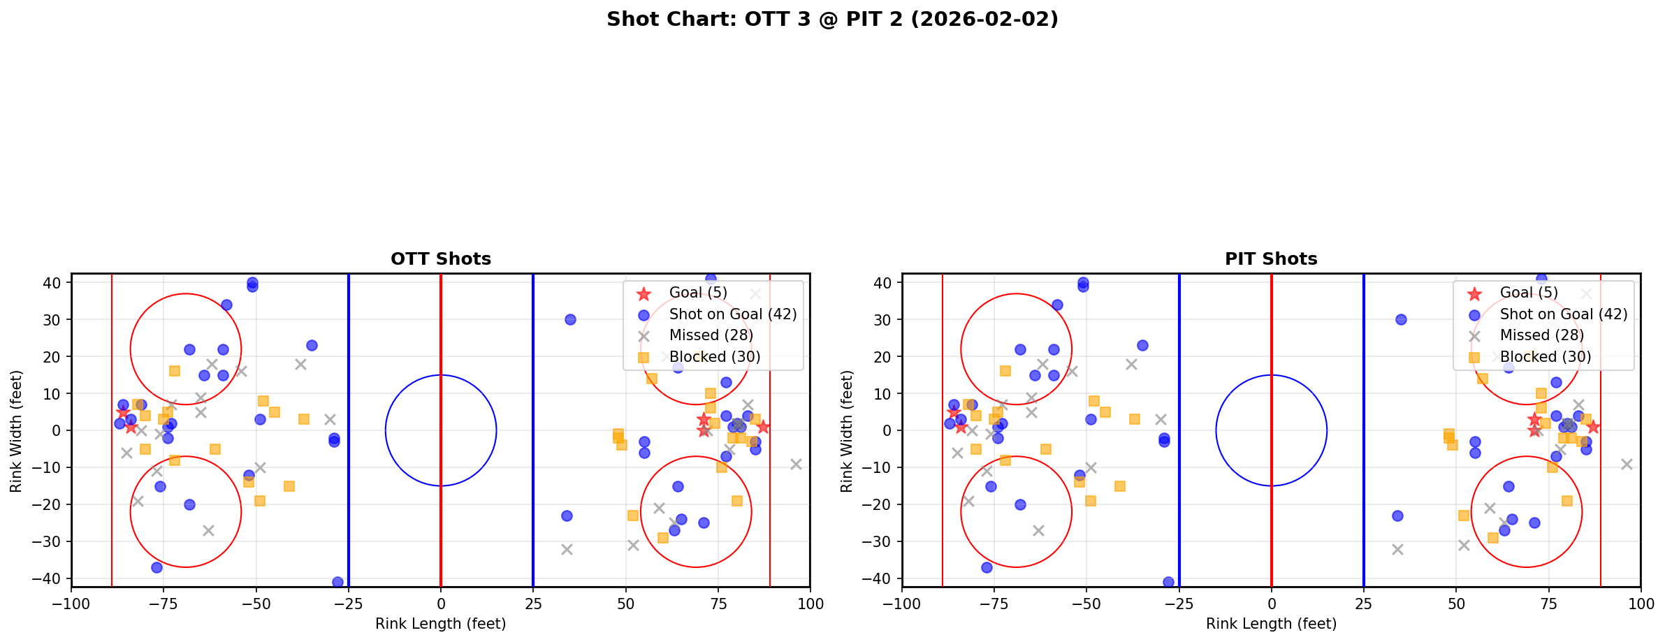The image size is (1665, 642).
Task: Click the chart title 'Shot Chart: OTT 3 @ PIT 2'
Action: point(832,20)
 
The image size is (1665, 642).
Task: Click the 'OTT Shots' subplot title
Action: point(441,259)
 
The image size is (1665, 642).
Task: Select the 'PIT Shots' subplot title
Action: point(1271,259)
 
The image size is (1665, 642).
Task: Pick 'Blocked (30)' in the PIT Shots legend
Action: point(1546,357)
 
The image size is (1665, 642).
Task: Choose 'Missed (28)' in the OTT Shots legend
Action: point(711,335)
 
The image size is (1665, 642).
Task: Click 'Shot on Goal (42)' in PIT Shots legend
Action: point(1564,314)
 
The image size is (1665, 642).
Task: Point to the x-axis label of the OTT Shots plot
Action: point(441,624)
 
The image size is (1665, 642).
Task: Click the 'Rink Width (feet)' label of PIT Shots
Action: point(847,431)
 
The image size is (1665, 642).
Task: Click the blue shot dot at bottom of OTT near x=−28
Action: point(337,582)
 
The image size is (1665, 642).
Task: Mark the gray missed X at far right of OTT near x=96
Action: point(796,464)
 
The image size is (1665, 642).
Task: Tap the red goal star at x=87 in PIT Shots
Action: point(1593,427)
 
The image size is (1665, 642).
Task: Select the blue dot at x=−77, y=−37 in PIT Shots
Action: point(987,567)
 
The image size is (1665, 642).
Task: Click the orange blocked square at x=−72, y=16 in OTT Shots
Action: point(175,371)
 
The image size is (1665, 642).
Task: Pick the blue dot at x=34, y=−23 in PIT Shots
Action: point(1397,516)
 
